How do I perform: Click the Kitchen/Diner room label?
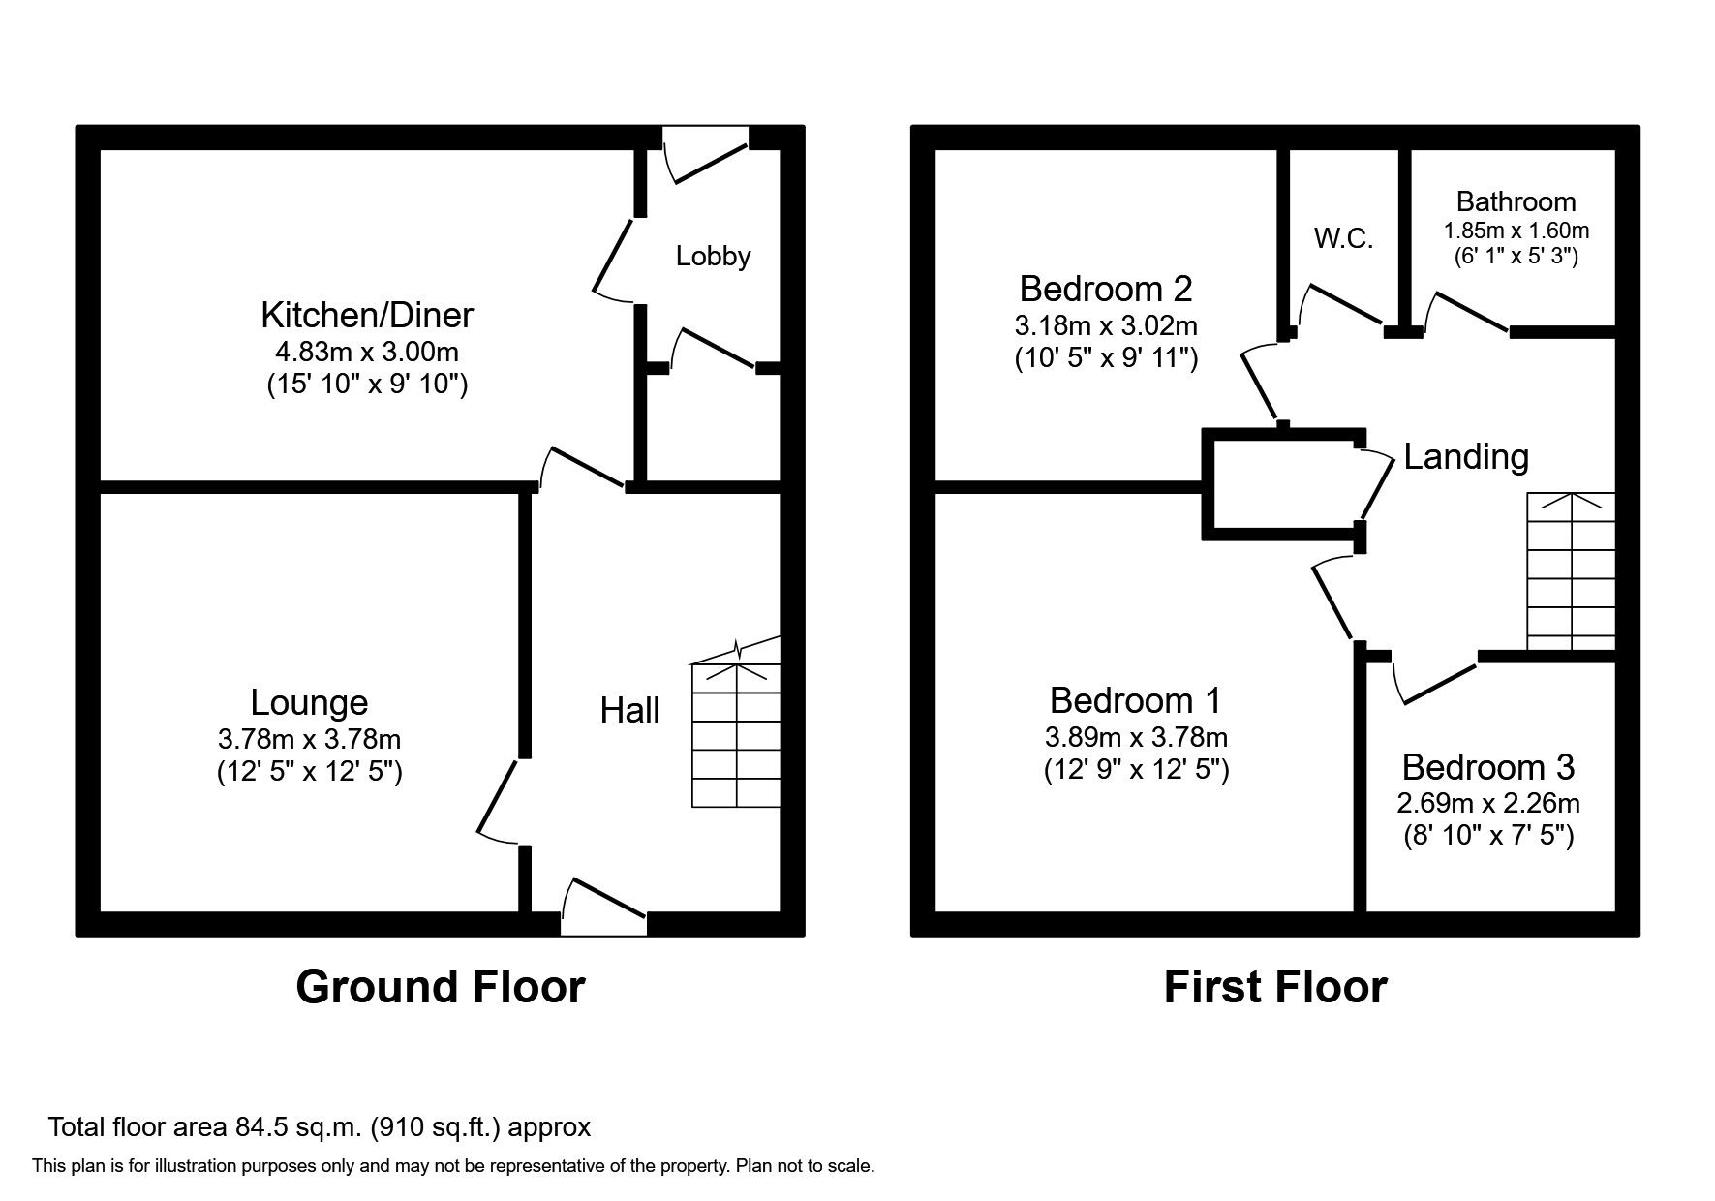[x=367, y=316]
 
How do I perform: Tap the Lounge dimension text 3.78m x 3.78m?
[x=310, y=740]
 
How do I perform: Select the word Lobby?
[x=714, y=257]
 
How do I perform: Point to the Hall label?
[x=630, y=711]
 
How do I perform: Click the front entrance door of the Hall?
[x=604, y=907]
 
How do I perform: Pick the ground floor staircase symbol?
[x=736, y=723]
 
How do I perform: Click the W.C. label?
[x=1343, y=238]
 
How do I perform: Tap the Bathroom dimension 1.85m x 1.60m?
[x=1516, y=231]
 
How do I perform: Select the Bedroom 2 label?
[x=1106, y=289]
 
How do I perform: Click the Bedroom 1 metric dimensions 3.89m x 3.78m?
[x=1136, y=738]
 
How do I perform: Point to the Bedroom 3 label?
[x=1488, y=767]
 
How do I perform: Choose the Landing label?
[x=1466, y=457]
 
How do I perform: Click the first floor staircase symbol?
[x=1571, y=571]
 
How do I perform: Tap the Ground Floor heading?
[x=441, y=987]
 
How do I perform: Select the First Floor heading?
[x=1275, y=987]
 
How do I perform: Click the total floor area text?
[x=320, y=1127]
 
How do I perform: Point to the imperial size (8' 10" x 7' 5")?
[x=1488, y=835]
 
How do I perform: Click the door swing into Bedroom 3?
[x=1434, y=681]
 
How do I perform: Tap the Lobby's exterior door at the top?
[x=706, y=155]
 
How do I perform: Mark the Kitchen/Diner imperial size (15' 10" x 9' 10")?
[x=367, y=385]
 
